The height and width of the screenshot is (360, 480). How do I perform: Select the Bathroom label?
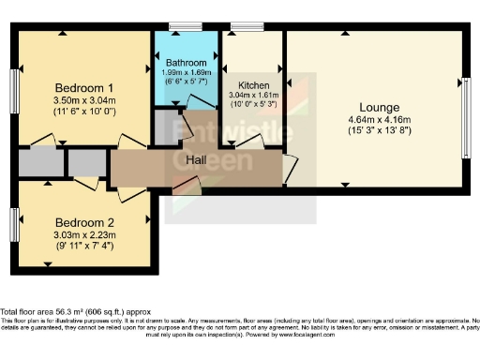[x=186, y=64]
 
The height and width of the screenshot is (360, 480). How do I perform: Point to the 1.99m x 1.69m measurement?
[x=186, y=73]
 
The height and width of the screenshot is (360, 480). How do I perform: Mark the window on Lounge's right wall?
[x=465, y=106]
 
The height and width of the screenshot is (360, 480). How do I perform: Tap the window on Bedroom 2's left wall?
[x=15, y=224]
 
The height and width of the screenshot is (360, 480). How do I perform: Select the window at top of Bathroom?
[x=192, y=28]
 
